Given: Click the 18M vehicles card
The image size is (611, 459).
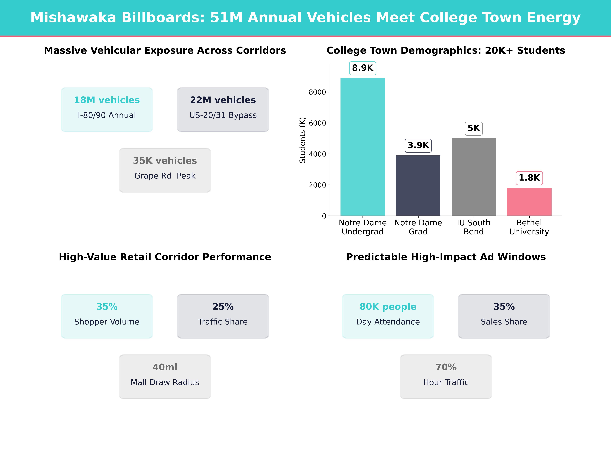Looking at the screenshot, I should pos(107,110).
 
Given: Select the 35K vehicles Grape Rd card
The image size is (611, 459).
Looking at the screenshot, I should pos(165,170).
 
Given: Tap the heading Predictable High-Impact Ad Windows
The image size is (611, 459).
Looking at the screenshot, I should pos(446,257).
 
